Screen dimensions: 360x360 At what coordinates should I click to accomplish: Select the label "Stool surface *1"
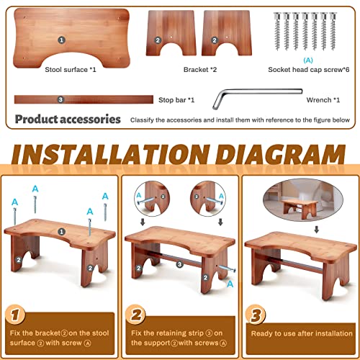pos(64,70)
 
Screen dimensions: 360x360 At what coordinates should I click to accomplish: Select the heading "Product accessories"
pos(68,118)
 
